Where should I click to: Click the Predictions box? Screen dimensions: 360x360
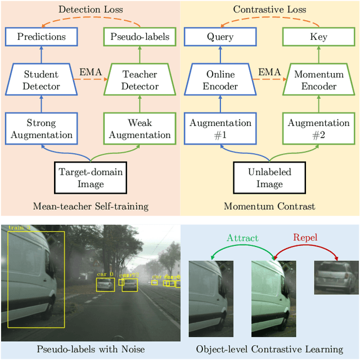click(41, 37)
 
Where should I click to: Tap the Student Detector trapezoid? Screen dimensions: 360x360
click(41, 80)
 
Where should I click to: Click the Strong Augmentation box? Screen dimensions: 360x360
click(41, 128)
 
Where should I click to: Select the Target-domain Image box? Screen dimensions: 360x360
click(90, 178)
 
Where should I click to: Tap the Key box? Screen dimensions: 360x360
click(319, 37)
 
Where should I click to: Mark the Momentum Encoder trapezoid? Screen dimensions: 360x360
click(319, 80)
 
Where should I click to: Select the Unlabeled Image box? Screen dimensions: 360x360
click(270, 178)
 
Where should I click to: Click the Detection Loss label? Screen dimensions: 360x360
click(90, 10)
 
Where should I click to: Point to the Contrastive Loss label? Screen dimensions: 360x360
click(270, 10)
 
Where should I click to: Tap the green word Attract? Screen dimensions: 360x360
click(242, 237)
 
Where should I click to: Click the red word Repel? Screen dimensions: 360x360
click(305, 237)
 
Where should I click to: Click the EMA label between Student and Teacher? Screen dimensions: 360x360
click(90, 72)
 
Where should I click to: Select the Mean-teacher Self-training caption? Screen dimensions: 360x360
click(90, 206)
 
